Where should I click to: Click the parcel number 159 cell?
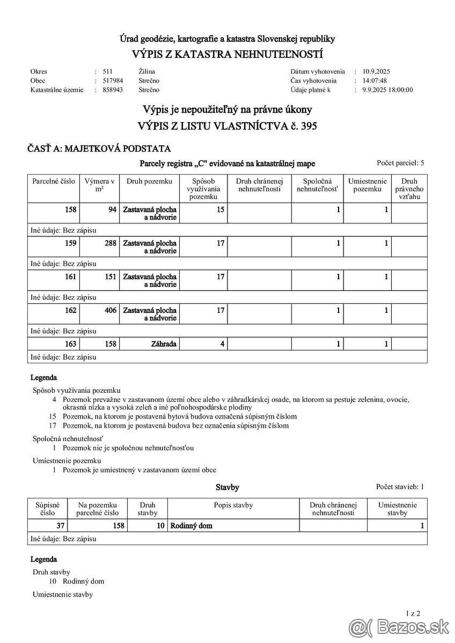pyautogui.click(x=71, y=243)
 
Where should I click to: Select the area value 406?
pyautogui.click(x=111, y=310)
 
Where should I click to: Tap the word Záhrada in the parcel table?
pyautogui.click(x=164, y=344)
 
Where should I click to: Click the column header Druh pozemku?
pyautogui.click(x=149, y=182)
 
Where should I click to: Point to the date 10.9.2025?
pyautogui.click(x=377, y=71)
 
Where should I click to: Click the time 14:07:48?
pyautogui.click(x=375, y=81)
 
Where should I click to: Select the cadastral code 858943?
pyautogui.click(x=113, y=90)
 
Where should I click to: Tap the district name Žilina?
pyautogui.click(x=146, y=71)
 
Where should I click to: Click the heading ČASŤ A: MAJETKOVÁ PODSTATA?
pyautogui.click(x=99, y=149)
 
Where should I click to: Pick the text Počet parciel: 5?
pyautogui.click(x=400, y=162)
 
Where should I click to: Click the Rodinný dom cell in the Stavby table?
pyautogui.click(x=191, y=526)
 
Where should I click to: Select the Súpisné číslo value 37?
pyautogui.click(x=61, y=526)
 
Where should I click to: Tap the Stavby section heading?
pyautogui.click(x=227, y=488)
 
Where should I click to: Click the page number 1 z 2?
pyautogui.click(x=413, y=613)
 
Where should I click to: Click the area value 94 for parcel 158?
pyautogui.click(x=112, y=210)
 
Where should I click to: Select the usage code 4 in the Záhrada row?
pyautogui.click(x=222, y=344)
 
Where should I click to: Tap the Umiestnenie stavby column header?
pyautogui.click(x=397, y=509)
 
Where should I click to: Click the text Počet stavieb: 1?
pyautogui.click(x=400, y=487)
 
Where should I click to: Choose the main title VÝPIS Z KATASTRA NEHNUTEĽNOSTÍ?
pyautogui.click(x=227, y=55)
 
